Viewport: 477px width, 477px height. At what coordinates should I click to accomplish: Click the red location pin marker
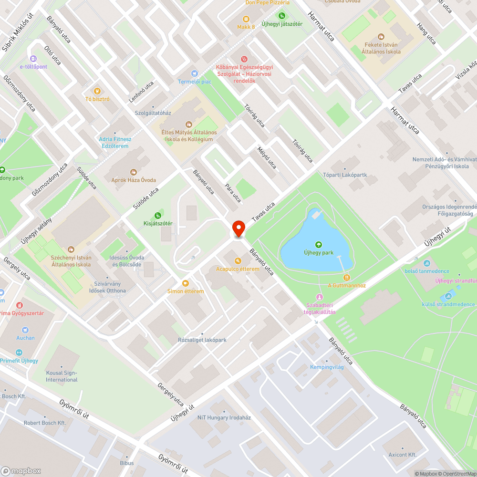(x=238, y=228)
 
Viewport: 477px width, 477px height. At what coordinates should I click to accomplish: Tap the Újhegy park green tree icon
(x=319, y=245)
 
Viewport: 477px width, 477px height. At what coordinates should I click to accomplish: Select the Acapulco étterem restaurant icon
(x=238, y=260)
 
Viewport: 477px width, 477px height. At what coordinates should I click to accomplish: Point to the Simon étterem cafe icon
(x=185, y=283)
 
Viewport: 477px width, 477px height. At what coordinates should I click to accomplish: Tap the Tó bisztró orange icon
(x=97, y=91)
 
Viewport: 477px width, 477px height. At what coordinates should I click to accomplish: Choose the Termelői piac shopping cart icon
(x=194, y=73)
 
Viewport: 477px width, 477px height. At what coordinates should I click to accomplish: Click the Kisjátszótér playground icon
(x=158, y=215)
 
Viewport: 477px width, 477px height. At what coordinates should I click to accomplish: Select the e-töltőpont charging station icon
(x=33, y=58)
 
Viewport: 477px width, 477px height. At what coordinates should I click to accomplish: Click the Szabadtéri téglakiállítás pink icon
(x=320, y=297)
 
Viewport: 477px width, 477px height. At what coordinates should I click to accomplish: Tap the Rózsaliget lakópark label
(x=202, y=340)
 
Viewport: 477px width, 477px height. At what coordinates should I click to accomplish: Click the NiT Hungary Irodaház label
(x=224, y=417)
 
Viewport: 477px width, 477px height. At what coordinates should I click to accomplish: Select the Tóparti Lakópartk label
(x=345, y=175)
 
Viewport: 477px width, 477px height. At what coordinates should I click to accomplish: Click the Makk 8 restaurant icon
(x=246, y=19)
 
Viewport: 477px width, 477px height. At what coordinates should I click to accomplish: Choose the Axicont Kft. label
(x=402, y=455)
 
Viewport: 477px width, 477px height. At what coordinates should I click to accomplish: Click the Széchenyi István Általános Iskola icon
(x=71, y=249)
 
